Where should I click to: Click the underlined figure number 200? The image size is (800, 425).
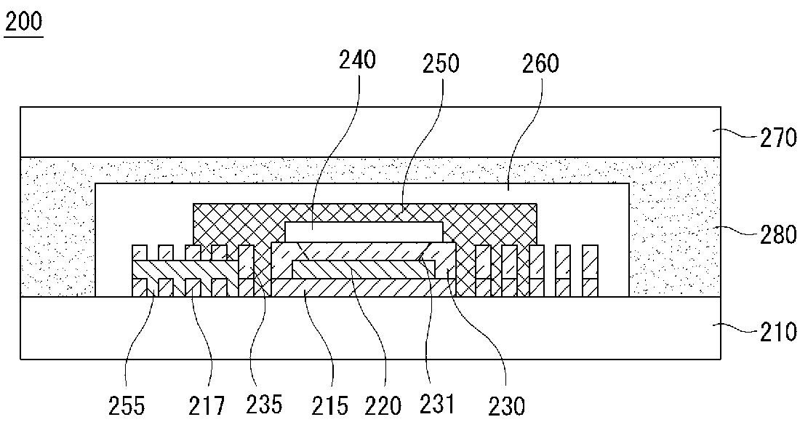tap(23, 23)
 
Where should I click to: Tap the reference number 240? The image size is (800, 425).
tap(357, 60)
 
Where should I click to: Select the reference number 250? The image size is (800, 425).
tap(441, 64)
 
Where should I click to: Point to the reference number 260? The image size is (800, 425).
tap(541, 64)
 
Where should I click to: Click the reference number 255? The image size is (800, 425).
tap(127, 407)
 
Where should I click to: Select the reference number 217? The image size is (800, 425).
tap(206, 407)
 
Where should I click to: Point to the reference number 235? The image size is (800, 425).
tap(264, 404)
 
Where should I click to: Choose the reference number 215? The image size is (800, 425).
tap(331, 407)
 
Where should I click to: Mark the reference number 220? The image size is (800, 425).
tap(383, 407)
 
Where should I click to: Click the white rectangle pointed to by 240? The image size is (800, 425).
tap(364, 231)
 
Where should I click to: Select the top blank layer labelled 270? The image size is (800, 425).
tap(370, 132)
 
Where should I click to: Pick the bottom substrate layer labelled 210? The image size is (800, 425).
tap(370, 327)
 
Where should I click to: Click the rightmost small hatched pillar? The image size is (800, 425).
tap(590, 271)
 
